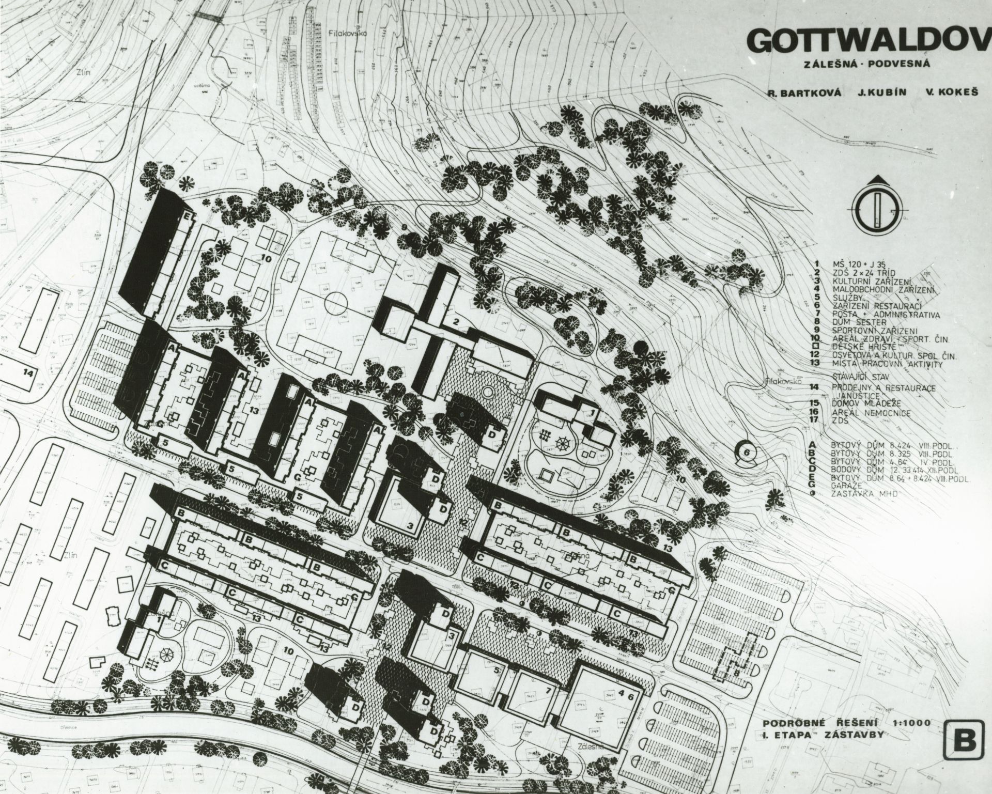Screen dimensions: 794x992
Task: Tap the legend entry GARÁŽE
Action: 847,486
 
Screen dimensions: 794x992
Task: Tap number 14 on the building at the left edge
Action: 27,372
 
